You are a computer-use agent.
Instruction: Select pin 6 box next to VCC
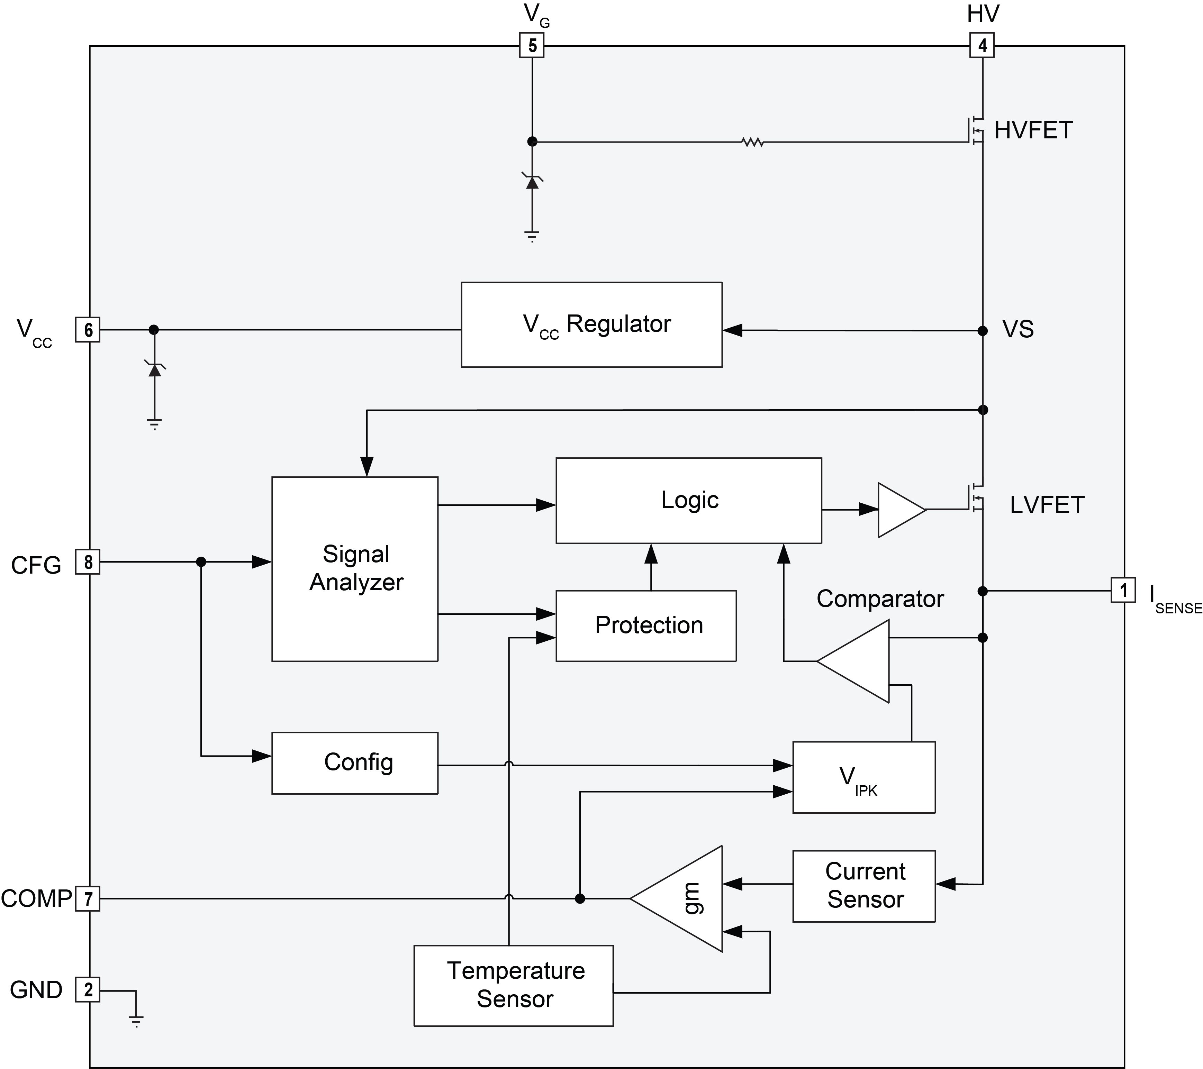(88, 329)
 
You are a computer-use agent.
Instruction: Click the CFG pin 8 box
(88, 562)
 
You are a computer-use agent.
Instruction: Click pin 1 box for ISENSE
(1123, 590)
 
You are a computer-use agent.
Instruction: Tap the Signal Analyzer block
(354, 569)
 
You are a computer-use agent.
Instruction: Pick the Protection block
(646, 625)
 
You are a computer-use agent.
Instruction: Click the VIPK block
(863, 777)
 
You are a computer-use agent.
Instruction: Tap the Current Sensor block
(863, 885)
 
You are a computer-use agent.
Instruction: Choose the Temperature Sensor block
(513, 986)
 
